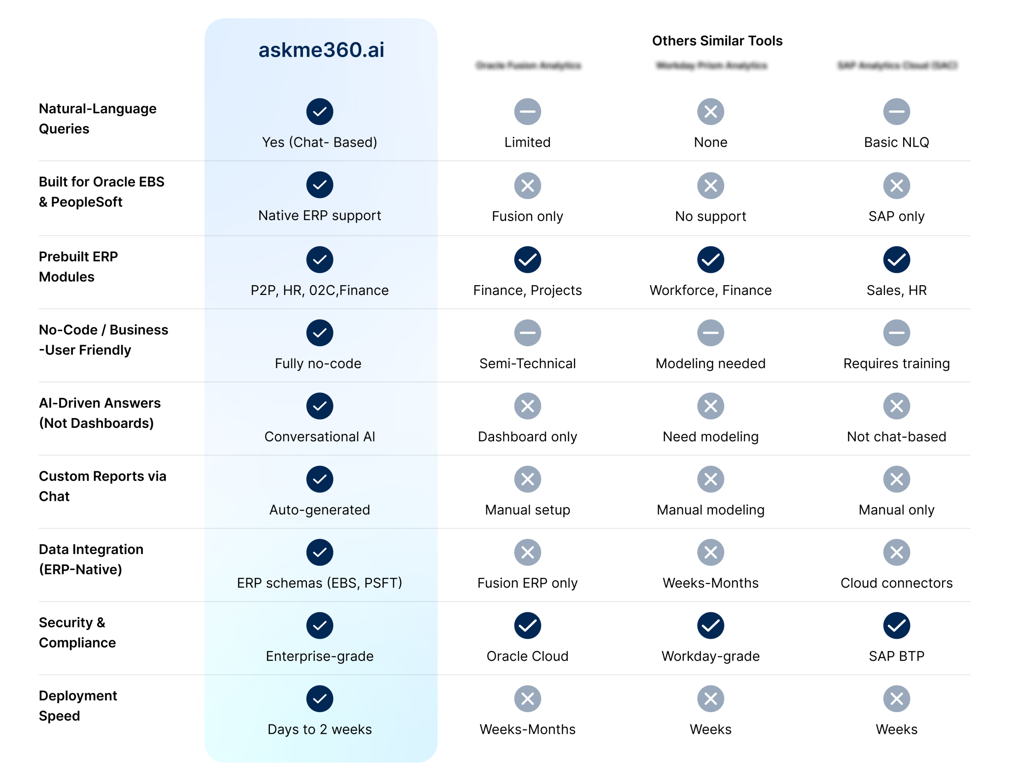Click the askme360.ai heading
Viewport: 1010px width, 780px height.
pos(321,50)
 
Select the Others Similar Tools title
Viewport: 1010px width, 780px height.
pos(717,41)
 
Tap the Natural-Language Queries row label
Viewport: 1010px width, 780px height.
pos(97,118)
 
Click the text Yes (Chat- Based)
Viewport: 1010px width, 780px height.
pos(320,142)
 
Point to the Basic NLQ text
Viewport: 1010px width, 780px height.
pos(896,142)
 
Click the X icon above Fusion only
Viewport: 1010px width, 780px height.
pos(527,186)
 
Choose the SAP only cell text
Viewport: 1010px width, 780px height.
pos(896,216)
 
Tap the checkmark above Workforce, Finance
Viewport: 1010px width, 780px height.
pos(710,260)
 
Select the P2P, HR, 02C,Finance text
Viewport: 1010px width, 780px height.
pos(320,290)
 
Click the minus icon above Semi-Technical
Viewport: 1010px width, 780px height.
pos(527,333)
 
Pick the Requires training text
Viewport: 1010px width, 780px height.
pos(896,364)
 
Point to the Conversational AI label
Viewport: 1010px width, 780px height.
pos(320,437)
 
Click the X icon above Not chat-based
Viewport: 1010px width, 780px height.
pos(896,406)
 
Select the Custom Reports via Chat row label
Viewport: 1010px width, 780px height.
pos(102,486)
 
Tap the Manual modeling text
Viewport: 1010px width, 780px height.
pos(710,509)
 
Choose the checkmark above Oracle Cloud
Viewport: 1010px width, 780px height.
pos(527,625)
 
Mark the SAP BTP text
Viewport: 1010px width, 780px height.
pos(896,656)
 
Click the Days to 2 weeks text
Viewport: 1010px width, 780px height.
pos(320,729)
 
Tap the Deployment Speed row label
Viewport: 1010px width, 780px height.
pos(78,705)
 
